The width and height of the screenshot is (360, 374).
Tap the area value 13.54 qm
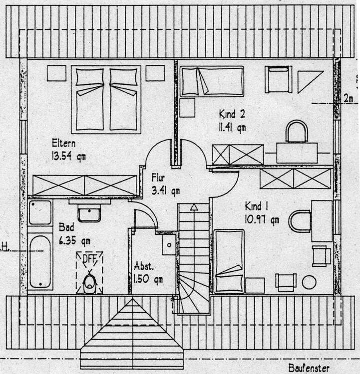(x=68, y=156)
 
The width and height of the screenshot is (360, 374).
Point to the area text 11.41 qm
(x=233, y=127)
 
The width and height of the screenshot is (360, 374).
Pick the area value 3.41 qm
(x=165, y=189)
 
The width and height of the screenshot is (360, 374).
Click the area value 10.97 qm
(x=262, y=218)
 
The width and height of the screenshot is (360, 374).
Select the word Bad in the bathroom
(x=65, y=227)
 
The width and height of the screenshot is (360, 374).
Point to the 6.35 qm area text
(x=74, y=240)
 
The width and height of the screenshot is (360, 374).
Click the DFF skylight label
(x=89, y=258)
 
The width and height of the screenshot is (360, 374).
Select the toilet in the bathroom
(x=89, y=282)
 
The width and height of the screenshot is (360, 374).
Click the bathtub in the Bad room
(x=40, y=261)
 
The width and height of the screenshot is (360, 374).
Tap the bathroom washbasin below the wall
(x=89, y=213)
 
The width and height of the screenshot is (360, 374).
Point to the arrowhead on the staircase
(x=194, y=206)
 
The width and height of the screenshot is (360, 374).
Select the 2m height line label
(x=348, y=98)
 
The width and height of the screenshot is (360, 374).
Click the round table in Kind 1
(x=309, y=282)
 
